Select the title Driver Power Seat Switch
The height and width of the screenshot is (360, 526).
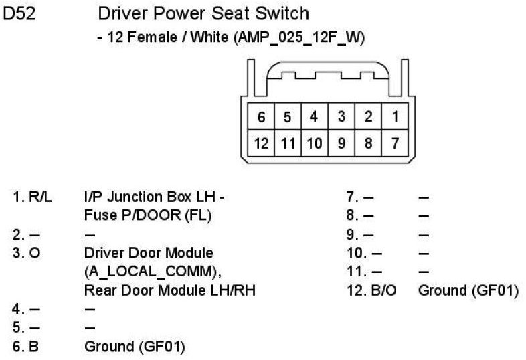point(203,13)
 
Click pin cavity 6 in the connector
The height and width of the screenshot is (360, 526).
point(261,117)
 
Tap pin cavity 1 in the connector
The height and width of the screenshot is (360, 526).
point(395,117)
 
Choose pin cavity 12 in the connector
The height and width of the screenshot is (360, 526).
point(261,142)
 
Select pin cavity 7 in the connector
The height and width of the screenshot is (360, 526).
point(395,142)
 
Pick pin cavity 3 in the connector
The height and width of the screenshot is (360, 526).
point(341,117)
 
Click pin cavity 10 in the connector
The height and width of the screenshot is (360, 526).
point(315,142)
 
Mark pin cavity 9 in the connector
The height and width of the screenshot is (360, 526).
point(341,142)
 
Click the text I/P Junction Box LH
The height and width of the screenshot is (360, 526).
point(150,197)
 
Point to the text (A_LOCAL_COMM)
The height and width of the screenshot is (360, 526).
point(153,272)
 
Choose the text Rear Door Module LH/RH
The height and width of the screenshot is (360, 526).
point(170,290)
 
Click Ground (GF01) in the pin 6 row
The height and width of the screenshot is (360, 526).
point(135,347)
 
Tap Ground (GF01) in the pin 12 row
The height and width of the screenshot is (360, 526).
point(468,290)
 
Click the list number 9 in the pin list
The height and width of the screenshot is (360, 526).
point(353,235)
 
